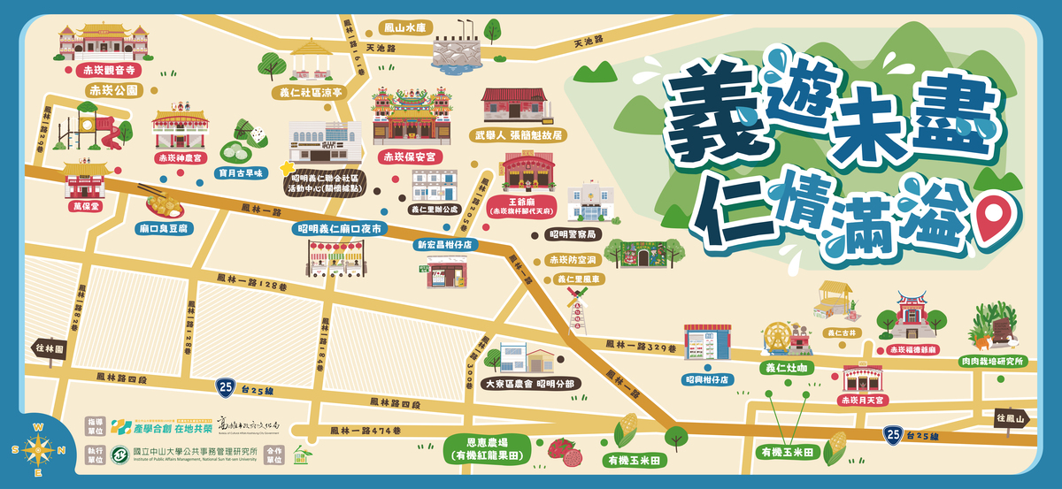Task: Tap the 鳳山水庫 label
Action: click(x=404, y=28)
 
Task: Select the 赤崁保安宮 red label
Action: click(x=411, y=157)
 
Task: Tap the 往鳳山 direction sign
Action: click(x=1010, y=417)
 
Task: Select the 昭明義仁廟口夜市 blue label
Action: click(x=341, y=228)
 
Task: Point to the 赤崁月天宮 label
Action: click(x=862, y=400)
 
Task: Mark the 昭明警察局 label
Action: click(x=573, y=234)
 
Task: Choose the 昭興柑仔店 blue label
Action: click(x=707, y=378)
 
